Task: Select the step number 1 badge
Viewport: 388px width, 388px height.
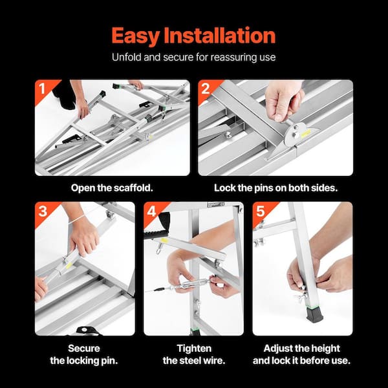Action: [42, 89]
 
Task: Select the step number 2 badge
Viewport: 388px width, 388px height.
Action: [206, 89]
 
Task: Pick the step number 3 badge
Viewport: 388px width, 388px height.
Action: [43, 211]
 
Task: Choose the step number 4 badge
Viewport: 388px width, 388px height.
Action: [151, 211]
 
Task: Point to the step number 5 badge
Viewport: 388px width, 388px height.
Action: [261, 211]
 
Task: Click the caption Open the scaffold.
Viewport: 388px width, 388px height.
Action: [112, 188]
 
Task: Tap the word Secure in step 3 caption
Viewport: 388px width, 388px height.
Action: [84, 349]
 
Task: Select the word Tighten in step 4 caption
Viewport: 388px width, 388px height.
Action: [194, 349]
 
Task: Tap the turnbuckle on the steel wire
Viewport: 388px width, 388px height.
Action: [191, 284]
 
